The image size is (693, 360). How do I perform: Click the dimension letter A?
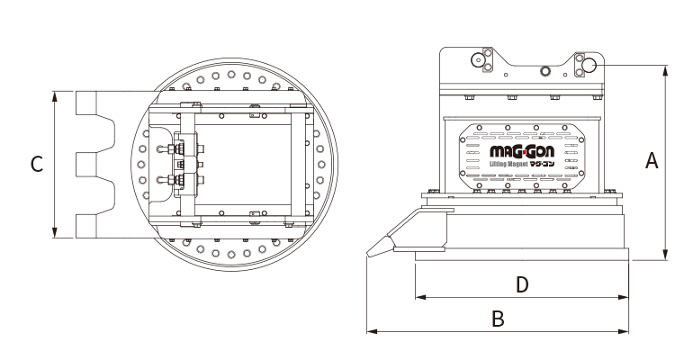tap(652, 160)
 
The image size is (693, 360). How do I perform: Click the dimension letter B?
tap(498, 319)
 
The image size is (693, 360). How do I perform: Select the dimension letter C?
tap(37, 164)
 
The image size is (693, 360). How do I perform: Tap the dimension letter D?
tap(522, 285)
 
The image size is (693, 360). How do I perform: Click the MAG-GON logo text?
tap(521, 153)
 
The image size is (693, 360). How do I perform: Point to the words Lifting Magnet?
tap(508, 165)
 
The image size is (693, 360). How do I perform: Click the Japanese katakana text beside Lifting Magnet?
tap(542, 164)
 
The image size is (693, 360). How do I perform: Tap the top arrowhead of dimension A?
tap(666, 71)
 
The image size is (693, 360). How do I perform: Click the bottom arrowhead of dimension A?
tap(666, 255)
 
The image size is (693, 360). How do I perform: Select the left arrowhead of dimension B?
tap(372, 331)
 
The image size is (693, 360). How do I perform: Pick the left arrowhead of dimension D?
tap(421, 297)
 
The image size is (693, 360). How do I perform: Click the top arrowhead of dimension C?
tap(55, 96)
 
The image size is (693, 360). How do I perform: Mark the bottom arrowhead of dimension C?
tap(55, 233)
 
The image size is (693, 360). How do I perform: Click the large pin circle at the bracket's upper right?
tap(589, 66)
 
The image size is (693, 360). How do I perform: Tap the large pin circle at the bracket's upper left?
tap(478, 59)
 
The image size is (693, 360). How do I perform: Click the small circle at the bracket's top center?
tap(544, 70)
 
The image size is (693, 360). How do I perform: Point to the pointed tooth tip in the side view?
tap(368, 254)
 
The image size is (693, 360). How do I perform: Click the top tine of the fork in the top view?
tap(85, 103)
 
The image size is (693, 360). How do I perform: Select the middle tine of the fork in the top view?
tap(85, 165)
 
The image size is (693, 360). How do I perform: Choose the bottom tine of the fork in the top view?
tap(85, 227)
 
